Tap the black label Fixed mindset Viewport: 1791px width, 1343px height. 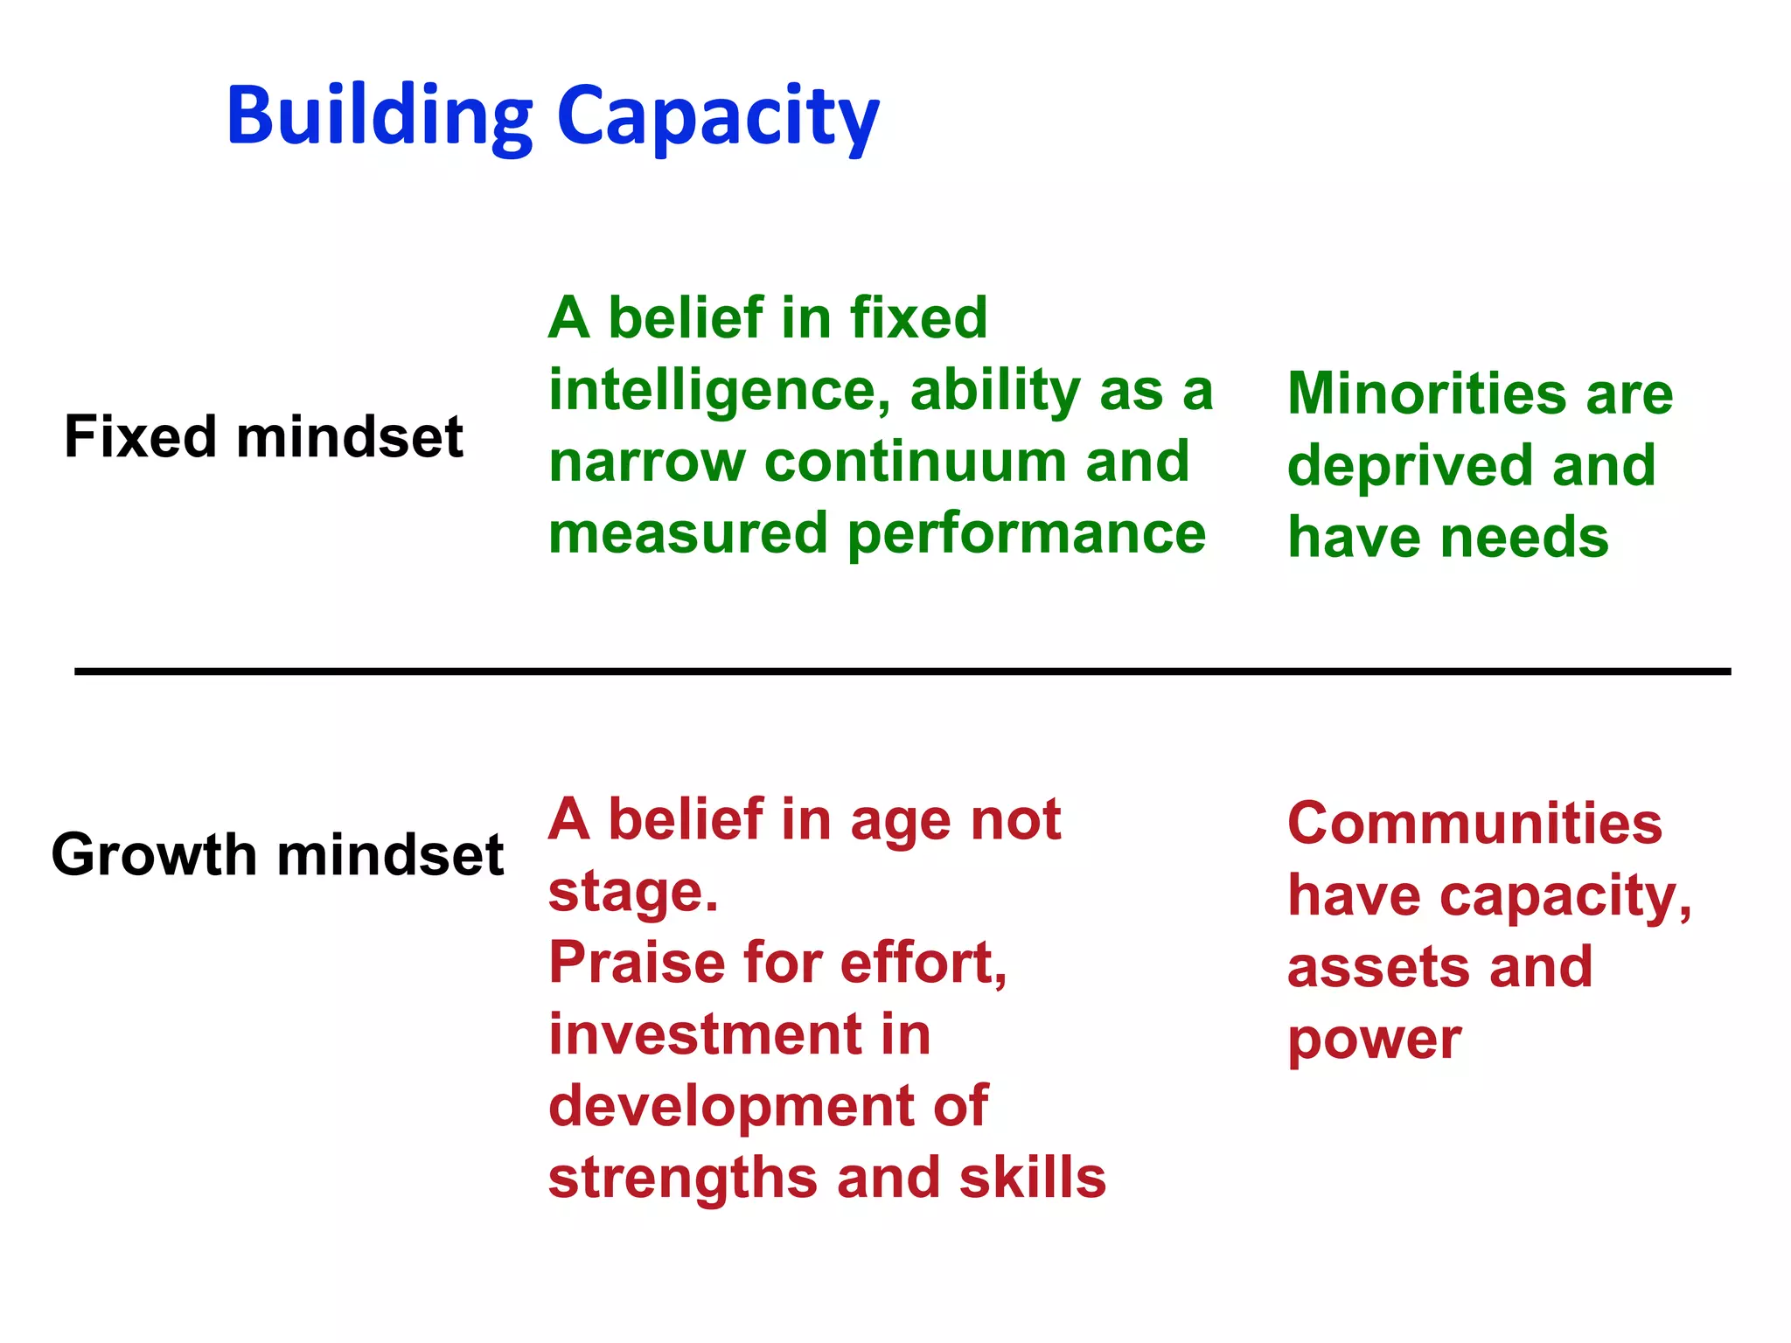coord(263,436)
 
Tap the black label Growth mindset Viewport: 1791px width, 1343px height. coord(277,854)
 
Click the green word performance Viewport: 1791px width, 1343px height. coord(1027,534)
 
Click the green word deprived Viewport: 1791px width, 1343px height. coord(1410,466)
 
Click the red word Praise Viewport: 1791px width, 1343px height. coord(637,963)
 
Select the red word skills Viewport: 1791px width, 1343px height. coord(1032,1177)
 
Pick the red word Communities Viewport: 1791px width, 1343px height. coord(1474,824)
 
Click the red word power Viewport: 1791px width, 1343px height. coord(1374,1040)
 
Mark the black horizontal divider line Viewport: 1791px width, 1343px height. coord(901,671)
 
